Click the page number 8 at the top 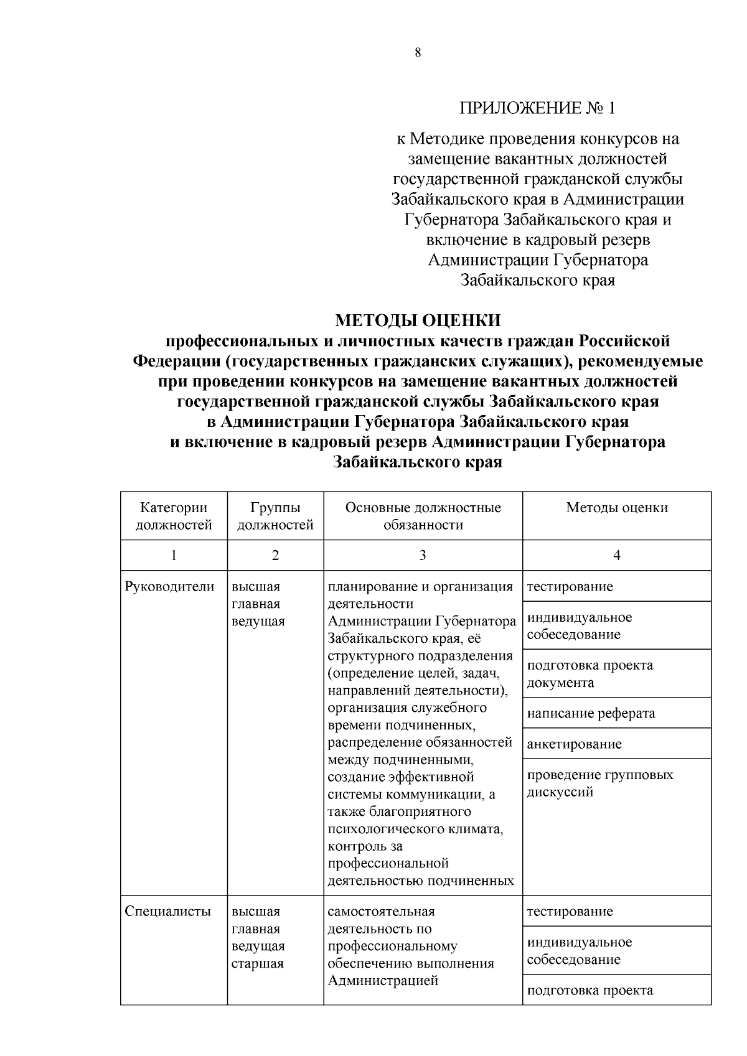click(x=418, y=53)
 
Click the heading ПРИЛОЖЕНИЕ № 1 click(x=537, y=108)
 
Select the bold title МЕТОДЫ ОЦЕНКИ click(x=418, y=320)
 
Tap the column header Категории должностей click(x=174, y=516)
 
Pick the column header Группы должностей click(x=275, y=516)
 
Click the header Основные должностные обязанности click(x=423, y=516)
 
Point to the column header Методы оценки click(x=616, y=508)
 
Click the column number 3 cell click(x=423, y=555)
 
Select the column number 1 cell click(x=174, y=555)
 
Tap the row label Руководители click(x=170, y=587)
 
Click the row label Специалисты click(x=168, y=912)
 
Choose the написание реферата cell click(x=591, y=713)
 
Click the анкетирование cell click(x=574, y=744)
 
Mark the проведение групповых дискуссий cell click(x=600, y=783)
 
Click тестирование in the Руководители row click(x=570, y=587)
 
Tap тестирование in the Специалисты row click(x=570, y=912)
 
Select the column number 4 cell click(x=616, y=555)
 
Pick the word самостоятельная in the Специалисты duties click(x=381, y=912)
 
